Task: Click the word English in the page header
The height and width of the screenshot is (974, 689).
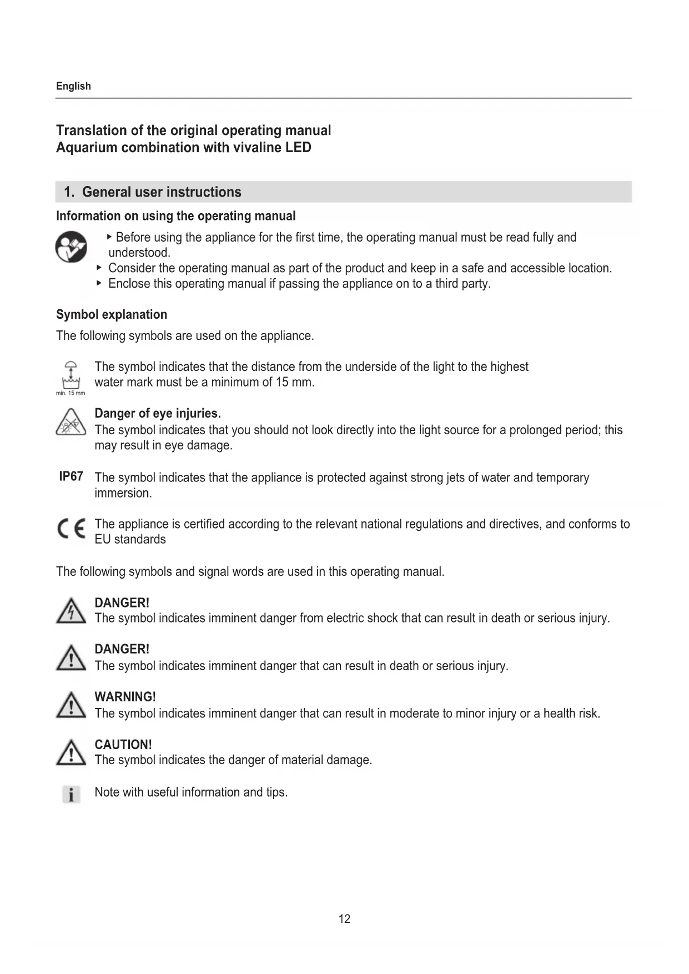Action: point(73,86)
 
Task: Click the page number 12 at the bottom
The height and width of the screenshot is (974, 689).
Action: point(344,919)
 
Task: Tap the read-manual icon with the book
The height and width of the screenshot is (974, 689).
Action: point(71,247)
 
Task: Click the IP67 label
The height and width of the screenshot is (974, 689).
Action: point(71,476)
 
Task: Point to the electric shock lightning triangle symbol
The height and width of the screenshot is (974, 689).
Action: point(71,611)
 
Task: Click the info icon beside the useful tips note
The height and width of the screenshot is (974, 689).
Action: point(71,794)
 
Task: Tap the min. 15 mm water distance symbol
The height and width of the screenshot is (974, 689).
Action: point(71,376)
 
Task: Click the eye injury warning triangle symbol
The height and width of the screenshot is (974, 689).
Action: point(71,423)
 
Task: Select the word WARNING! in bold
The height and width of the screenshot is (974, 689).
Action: point(125,697)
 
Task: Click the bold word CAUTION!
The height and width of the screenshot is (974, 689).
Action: point(123,745)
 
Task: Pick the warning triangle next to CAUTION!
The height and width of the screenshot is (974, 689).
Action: point(71,754)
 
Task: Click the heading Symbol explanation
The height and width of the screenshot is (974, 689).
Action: point(112,314)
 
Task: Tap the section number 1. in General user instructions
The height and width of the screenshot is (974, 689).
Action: point(69,192)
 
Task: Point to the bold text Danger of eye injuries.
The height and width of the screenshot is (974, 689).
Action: point(158,413)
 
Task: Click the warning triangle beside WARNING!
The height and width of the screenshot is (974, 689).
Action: point(71,706)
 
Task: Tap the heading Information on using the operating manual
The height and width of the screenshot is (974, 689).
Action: point(175,216)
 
